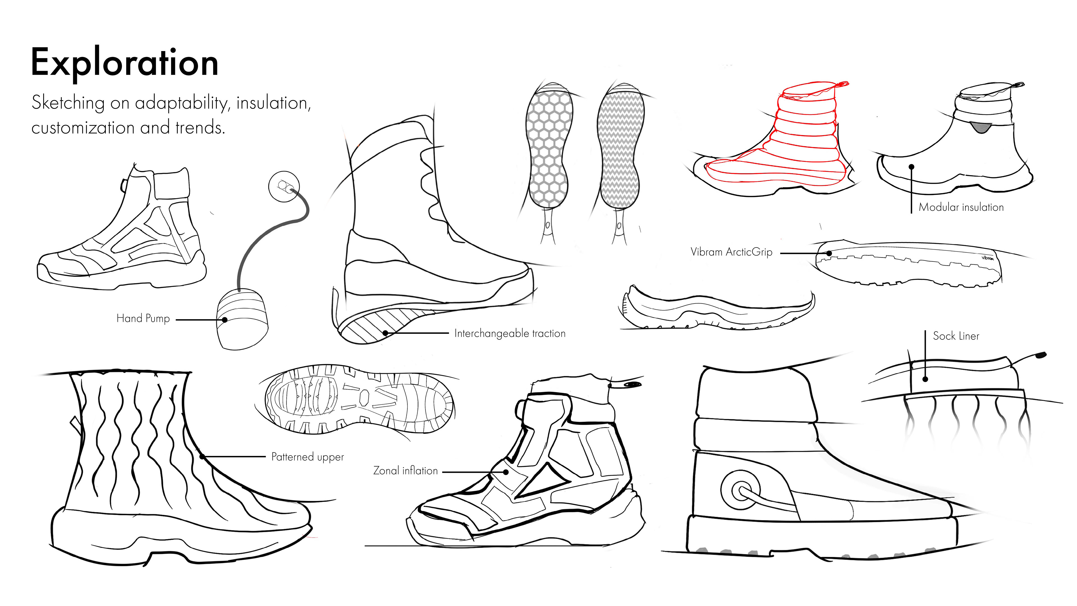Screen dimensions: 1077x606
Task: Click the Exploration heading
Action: coord(125,63)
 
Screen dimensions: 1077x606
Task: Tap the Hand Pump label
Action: coord(143,319)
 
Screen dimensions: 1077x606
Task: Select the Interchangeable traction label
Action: coord(510,333)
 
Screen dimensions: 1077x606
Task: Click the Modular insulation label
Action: coord(961,207)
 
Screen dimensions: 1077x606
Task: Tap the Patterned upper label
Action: coord(307,457)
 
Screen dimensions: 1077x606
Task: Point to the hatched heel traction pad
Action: coord(376,324)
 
